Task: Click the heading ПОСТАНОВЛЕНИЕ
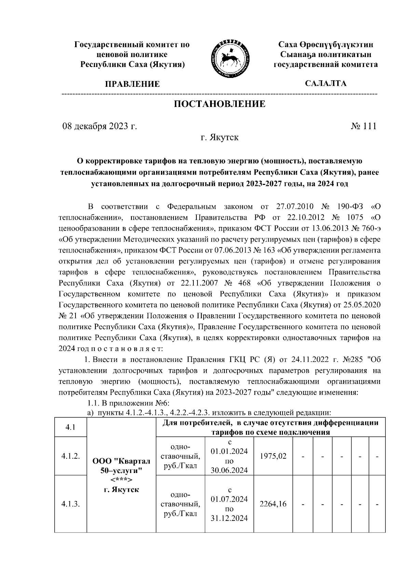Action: point(220,104)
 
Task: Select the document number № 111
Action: point(364,126)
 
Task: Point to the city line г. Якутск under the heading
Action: point(219,138)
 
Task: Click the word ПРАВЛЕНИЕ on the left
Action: point(132,84)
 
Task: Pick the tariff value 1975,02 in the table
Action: point(273,456)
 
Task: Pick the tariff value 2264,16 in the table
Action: point(273,503)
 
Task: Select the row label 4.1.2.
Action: point(71,456)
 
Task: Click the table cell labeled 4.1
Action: point(71,427)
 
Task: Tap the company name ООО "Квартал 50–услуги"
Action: point(121,466)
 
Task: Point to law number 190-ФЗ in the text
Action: point(349,207)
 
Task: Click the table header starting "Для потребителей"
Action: point(270,427)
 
